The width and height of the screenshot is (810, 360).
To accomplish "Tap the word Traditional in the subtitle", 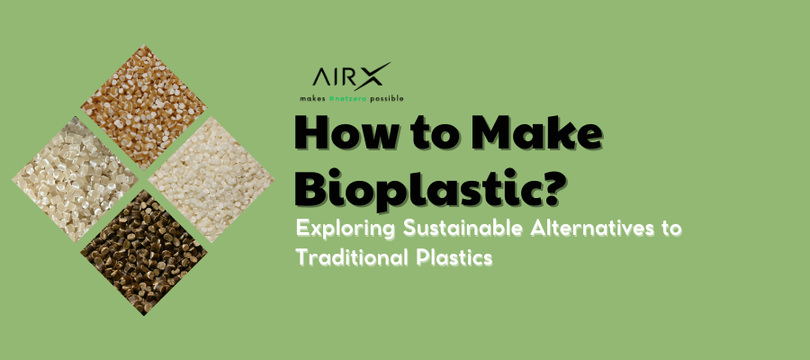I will [x=346, y=256].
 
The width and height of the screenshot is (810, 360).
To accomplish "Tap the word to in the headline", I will [x=438, y=135].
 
